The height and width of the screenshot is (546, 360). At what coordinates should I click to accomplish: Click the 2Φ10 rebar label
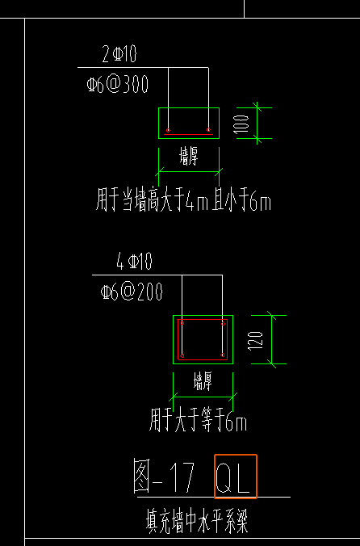click(119, 56)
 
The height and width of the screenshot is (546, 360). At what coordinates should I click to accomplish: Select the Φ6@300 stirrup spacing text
click(118, 84)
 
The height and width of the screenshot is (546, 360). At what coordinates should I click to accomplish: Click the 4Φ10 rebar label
click(134, 262)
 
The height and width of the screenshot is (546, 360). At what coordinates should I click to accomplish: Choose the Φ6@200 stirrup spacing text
click(132, 292)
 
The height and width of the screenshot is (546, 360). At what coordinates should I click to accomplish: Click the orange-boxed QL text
click(235, 477)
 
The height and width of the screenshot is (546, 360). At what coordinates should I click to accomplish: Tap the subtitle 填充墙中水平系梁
click(191, 522)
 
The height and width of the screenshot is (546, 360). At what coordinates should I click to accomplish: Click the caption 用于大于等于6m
click(198, 421)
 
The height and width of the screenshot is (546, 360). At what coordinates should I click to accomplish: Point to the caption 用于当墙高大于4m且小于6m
click(183, 201)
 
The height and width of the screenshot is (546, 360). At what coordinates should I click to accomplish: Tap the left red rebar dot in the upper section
click(168, 130)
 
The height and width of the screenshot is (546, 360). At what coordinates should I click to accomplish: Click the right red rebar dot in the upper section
click(208, 130)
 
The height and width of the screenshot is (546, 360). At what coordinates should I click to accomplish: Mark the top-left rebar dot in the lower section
click(182, 323)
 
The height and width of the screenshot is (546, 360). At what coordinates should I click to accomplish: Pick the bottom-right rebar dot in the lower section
click(222, 355)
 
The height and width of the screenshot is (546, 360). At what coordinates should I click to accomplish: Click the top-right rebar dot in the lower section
click(222, 323)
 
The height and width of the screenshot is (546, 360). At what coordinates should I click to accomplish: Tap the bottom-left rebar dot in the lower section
click(182, 355)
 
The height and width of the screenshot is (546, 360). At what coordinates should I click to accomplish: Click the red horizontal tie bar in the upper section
click(188, 134)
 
